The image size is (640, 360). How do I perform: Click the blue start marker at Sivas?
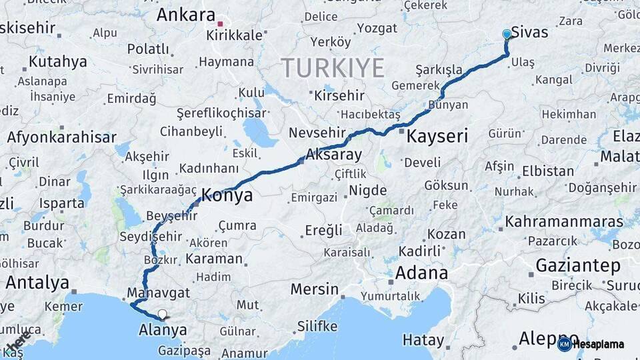[507, 34]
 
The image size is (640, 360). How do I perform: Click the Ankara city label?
[186, 15]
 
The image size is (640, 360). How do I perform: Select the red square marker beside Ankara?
[220, 24]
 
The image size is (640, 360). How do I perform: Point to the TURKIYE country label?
[332, 68]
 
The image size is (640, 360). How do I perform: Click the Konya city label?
[227, 195]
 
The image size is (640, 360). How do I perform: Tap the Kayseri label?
[437, 137]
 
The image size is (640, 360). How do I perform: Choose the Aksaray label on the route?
[333, 155]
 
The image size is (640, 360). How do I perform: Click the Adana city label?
[421, 273]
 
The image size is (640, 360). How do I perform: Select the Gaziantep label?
[578, 265]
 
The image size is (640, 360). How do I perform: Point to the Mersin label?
[315, 289]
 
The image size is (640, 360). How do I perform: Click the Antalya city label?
[37, 283]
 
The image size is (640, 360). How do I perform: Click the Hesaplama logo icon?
[564, 344]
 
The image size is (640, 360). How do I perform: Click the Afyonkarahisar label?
[62, 137]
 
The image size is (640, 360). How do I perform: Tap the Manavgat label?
[158, 293]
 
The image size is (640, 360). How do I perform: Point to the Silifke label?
[317, 326]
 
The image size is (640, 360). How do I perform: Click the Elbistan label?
[548, 170]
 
